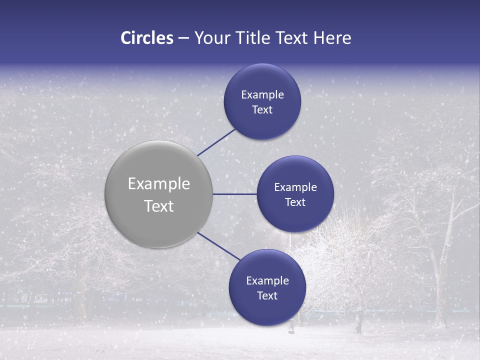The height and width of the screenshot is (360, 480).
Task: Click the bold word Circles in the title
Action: (147, 38)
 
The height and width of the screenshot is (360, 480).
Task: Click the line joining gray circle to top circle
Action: (216, 142)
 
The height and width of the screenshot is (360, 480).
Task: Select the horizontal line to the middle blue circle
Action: (234, 194)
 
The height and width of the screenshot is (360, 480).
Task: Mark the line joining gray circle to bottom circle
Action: (219, 246)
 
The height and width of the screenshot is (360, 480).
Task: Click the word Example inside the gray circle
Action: (159, 184)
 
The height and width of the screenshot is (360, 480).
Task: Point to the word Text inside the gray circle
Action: (159, 206)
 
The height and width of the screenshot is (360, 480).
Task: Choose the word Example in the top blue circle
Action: (262, 95)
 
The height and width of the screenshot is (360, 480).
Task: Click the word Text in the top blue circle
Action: (262, 110)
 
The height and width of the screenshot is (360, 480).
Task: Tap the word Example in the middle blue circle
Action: (295, 187)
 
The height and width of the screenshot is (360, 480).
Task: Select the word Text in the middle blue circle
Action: (295, 202)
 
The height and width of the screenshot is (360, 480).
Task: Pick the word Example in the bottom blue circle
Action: (267, 281)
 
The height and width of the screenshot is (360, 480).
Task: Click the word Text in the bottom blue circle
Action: (267, 296)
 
